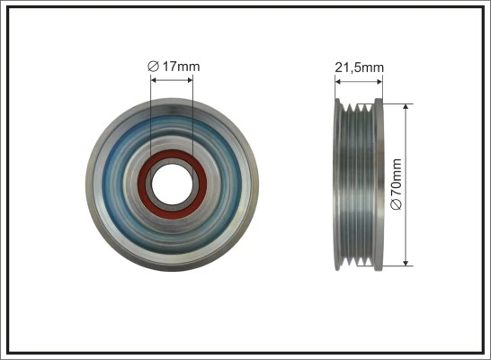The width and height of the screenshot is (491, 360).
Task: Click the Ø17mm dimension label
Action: coord(172,65)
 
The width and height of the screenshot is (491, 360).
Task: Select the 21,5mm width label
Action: coord(359,66)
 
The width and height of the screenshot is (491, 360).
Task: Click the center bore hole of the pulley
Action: coord(171,184)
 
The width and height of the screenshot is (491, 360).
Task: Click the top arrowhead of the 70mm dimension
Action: coord(407,106)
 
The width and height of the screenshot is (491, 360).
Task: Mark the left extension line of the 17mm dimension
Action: coord(150,117)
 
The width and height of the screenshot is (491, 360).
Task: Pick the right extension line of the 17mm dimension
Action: coord(192,117)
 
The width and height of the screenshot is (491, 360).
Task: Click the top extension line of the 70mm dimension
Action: coord(396,101)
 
